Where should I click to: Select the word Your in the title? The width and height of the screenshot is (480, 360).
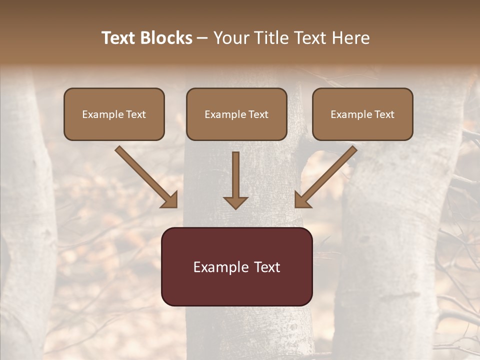point(230,38)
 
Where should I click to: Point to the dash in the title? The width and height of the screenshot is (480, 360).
point(202,38)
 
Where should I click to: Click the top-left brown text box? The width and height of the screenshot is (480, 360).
point(114,114)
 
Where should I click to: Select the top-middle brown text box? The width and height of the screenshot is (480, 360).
point(236,114)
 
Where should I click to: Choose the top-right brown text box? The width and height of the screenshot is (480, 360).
point(362,114)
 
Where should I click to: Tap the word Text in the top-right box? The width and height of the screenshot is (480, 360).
point(383,114)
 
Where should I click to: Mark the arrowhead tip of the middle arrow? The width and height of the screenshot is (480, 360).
point(235,208)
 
